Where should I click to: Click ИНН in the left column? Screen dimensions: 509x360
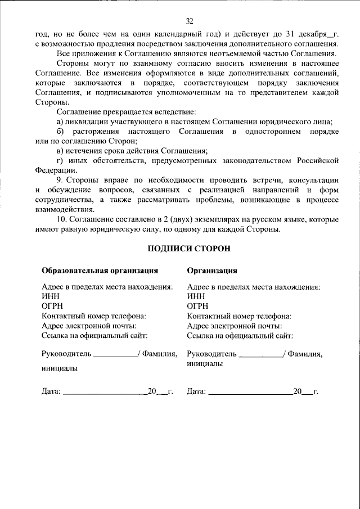pos(49,296)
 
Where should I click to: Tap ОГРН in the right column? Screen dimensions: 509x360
pos(197,306)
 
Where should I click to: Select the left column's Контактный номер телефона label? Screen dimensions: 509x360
pos(94,316)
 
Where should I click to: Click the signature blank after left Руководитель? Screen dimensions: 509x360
pos(115,355)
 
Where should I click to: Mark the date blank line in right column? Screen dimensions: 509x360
pos(250,391)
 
